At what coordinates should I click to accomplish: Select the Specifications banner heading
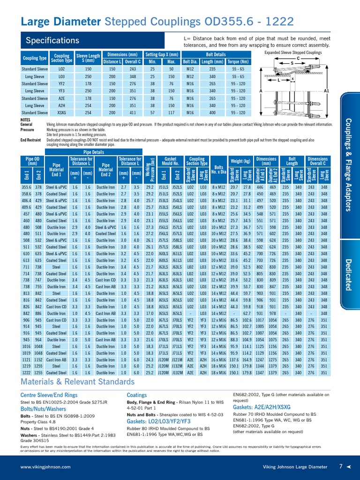point(52,40)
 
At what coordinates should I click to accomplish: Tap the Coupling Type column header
point(35,58)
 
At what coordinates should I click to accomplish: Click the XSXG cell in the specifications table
point(61,112)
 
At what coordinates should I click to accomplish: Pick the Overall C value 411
point(133,112)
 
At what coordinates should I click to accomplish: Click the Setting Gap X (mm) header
point(162,54)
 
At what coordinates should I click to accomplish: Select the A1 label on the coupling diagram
point(327,90)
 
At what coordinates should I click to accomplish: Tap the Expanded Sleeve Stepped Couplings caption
point(293,53)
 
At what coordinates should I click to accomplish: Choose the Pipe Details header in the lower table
point(94,152)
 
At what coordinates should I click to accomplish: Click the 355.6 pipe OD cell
point(26,187)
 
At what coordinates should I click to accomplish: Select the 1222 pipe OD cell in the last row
point(26,373)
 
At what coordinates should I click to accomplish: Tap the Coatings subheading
point(137,395)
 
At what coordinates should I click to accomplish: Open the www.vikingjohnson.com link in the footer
point(45,467)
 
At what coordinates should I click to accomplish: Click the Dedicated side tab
point(348,274)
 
